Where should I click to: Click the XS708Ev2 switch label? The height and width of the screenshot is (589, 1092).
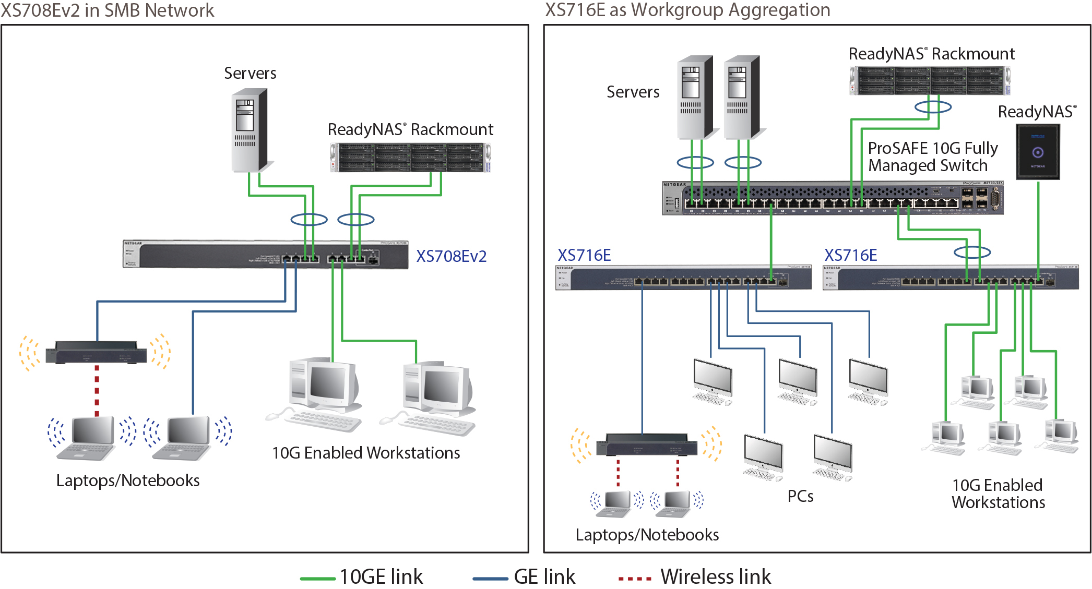click(451, 256)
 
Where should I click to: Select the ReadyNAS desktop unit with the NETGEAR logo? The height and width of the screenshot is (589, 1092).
click(1038, 152)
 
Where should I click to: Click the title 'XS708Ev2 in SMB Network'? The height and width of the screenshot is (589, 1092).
click(108, 10)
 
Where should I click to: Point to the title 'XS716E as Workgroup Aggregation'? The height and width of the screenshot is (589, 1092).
click(687, 10)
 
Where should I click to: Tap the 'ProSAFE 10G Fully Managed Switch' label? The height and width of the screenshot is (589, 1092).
click(932, 157)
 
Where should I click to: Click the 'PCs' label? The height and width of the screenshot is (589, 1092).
click(800, 496)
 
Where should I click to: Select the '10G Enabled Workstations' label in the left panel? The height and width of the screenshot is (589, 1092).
click(366, 453)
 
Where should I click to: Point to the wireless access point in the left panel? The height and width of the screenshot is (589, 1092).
click(96, 353)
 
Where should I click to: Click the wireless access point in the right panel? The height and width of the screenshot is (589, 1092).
click(646, 444)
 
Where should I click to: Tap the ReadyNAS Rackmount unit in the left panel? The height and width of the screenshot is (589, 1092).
click(410, 158)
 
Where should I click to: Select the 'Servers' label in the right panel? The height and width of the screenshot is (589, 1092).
click(633, 92)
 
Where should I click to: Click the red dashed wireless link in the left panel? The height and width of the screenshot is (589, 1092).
click(97, 390)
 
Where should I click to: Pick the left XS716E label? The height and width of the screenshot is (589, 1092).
click(584, 255)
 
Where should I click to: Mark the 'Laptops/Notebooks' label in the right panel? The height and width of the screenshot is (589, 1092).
click(647, 535)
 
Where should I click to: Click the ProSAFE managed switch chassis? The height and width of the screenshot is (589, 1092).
click(832, 198)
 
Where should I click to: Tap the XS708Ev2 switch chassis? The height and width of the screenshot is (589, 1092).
click(265, 255)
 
